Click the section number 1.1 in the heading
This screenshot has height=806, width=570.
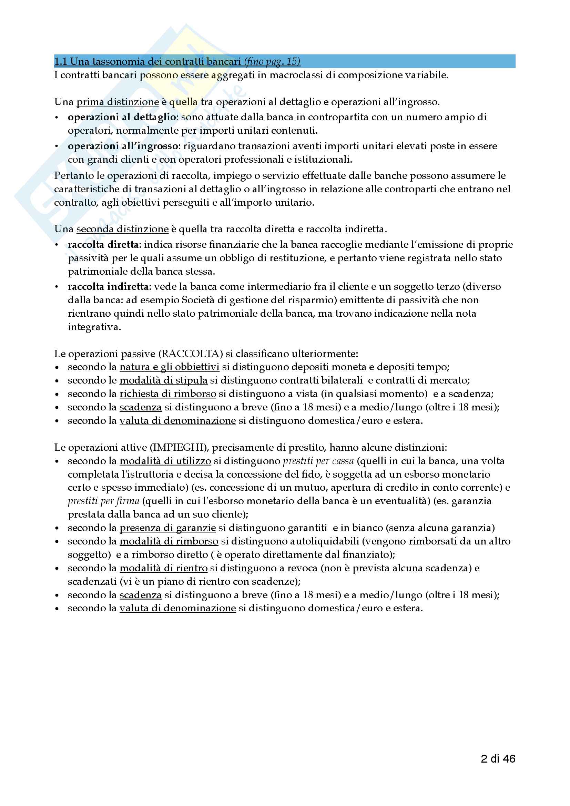pos(60,61)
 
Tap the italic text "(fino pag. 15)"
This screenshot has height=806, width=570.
pos(272,61)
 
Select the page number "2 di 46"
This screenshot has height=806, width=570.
pos(498,758)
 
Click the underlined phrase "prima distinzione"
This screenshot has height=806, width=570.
pos(118,102)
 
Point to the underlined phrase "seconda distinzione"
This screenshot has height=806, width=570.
pos(122,229)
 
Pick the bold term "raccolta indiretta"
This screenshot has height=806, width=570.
pos(108,287)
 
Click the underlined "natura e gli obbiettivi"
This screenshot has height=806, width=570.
pos(169,367)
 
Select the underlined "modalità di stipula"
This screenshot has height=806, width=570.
pos(163,380)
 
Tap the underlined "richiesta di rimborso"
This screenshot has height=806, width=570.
pos(168,394)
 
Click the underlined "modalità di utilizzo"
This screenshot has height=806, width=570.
pos(165,461)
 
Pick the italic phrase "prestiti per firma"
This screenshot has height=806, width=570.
pos(103,501)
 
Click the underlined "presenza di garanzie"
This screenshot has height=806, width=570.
pos(167,528)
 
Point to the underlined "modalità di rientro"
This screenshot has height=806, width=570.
pos(164,568)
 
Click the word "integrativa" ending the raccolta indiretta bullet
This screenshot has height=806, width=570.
pos(94,327)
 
